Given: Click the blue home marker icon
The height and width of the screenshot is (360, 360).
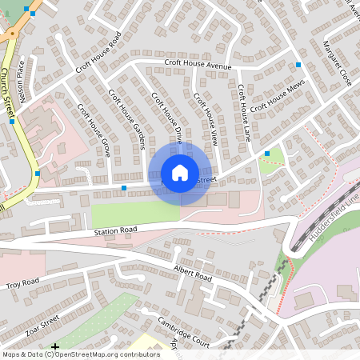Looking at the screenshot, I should (180, 173).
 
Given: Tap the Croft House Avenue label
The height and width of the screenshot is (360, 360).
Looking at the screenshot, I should (198, 65).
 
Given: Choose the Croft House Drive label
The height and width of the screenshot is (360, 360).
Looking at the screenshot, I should (168, 118).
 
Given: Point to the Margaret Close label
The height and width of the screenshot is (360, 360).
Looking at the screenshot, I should (338, 64).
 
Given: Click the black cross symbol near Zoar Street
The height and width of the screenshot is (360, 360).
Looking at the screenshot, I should (55, 347).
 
